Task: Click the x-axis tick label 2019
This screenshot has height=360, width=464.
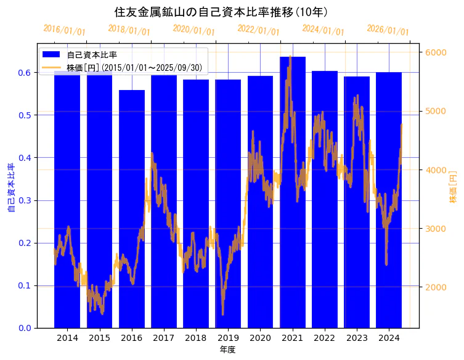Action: point(228,338)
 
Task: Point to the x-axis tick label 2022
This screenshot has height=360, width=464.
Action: point(325,338)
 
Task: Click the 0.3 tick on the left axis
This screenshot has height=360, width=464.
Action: point(25,200)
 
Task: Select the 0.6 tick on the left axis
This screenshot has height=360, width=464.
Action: point(25,73)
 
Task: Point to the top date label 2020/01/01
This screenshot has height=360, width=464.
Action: point(193,30)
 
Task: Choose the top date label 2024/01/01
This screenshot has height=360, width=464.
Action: point(323,30)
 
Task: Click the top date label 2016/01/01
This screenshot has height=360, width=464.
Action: point(64,30)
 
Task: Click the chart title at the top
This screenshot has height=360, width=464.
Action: point(221,12)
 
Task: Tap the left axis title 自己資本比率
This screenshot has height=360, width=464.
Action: point(10,188)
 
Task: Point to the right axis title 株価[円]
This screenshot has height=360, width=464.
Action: point(453,187)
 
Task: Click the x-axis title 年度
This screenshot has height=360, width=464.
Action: point(228,350)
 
